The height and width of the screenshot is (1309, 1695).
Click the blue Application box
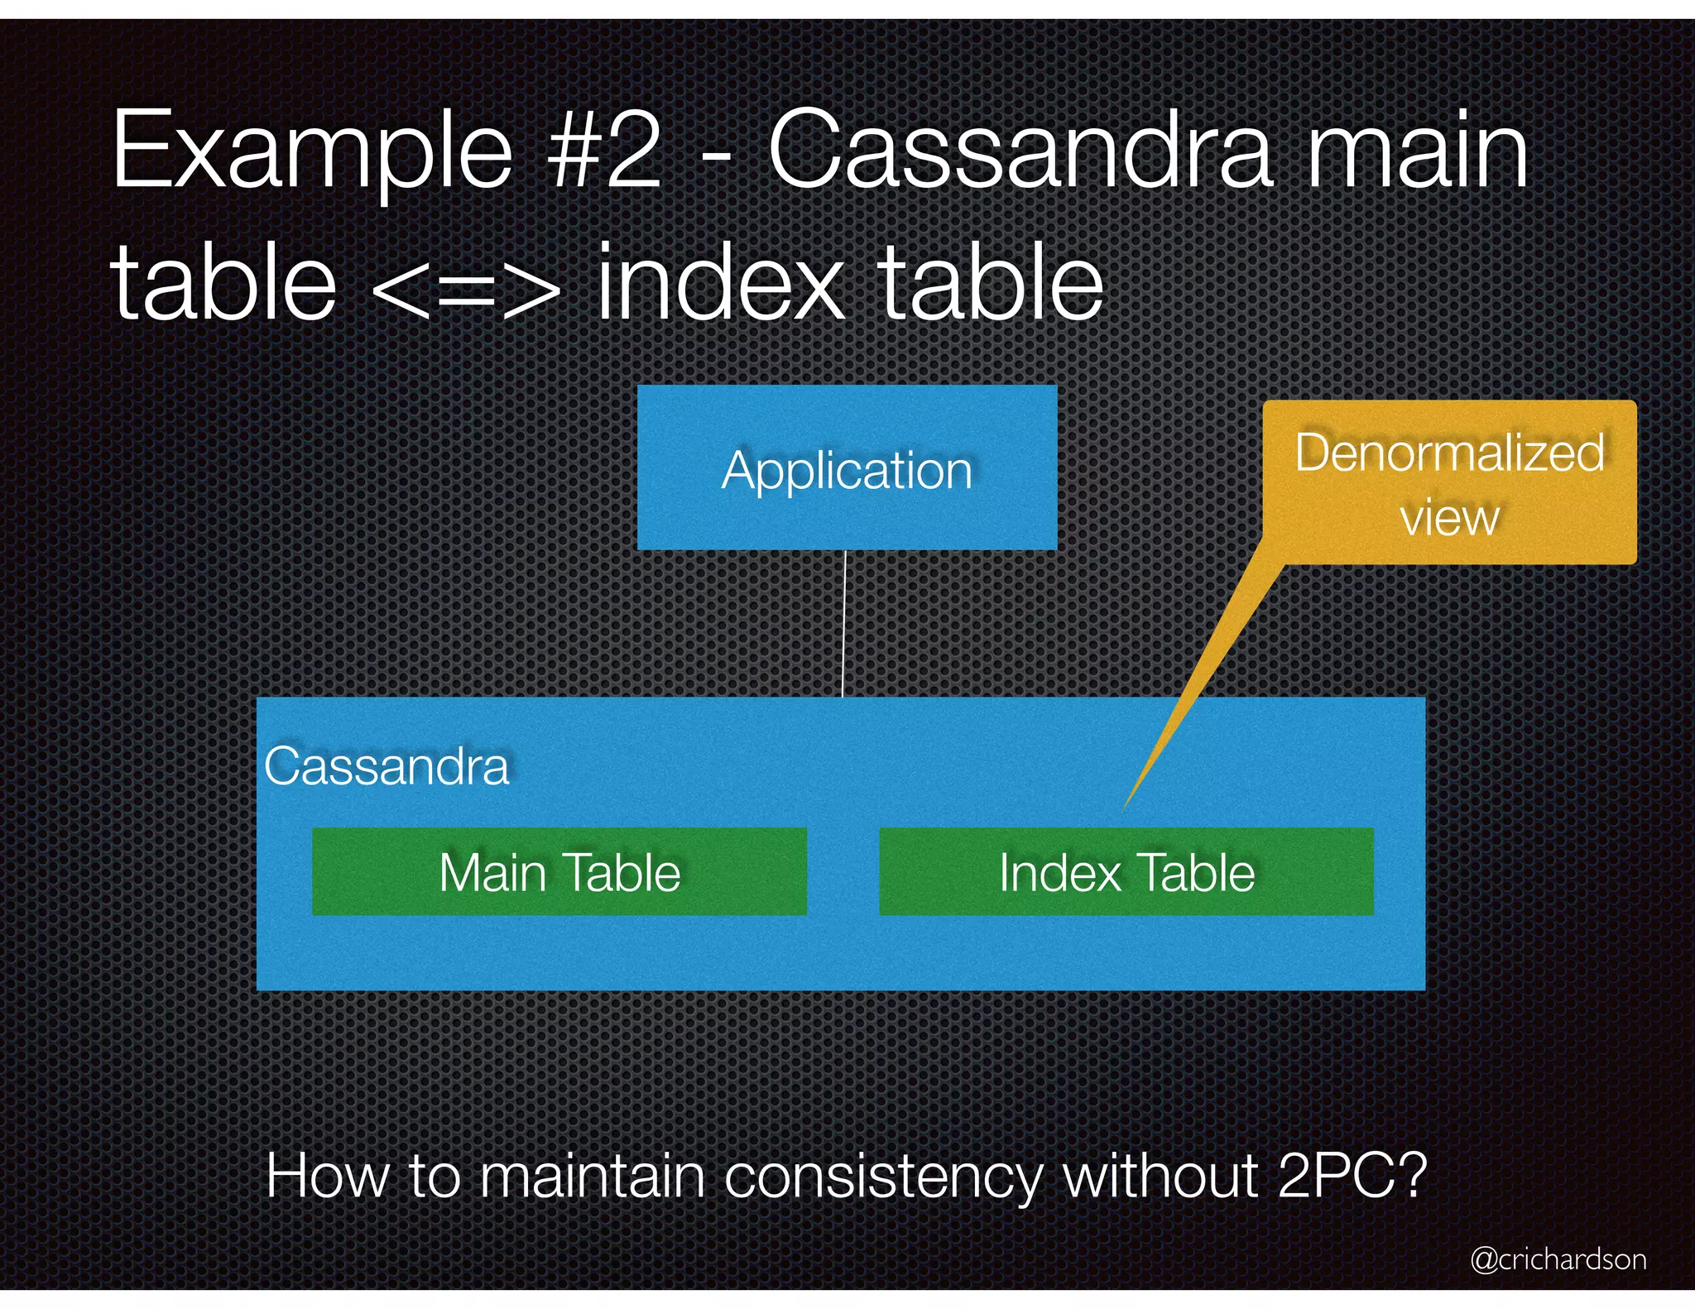(x=847, y=468)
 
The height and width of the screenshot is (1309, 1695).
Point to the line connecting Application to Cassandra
(x=844, y=625)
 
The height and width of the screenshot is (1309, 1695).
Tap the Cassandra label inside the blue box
(x=387, y=766)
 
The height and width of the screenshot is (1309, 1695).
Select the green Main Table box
(x=559, y=872)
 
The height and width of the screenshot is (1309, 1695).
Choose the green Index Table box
(x=1126, y=872)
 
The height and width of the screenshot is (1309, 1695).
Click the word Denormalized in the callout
(x=1449, y=453)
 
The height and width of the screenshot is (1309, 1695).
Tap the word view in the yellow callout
(x=1449, y=518)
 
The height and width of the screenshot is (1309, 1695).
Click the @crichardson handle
(x=1558, y=1259)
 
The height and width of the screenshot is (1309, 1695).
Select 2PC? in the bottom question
(x=1352, y=1175)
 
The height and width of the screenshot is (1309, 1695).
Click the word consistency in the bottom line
(x=883, y=1177)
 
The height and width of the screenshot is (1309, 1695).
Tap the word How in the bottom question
(x=326, y=1175)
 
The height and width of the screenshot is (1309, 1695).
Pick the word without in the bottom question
(x=1160, y=1175)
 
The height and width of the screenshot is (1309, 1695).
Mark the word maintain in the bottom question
(x=593, y=1175)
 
